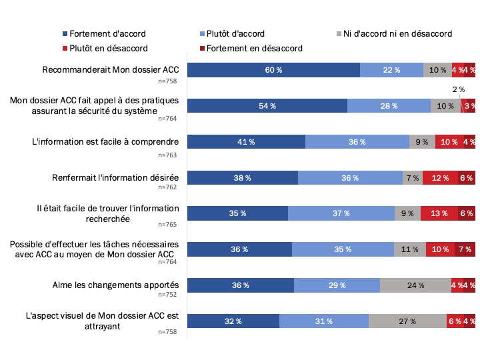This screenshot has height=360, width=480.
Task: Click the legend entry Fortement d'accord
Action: [x=107, y=33]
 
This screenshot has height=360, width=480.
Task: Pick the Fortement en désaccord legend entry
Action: [x=254, y=48]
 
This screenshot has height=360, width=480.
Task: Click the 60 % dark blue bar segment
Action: [x=273, y=70]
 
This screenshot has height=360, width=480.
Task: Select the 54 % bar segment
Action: [x=267, y=106]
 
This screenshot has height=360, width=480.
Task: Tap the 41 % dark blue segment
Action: [x=246, y=142]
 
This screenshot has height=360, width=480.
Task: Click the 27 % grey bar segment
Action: [x=407, y=321]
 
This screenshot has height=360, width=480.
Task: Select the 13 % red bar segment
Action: [x=439, y=213]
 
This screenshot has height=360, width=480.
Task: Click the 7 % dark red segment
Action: [x=465, y=249]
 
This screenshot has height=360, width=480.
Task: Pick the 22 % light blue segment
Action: [x=391, y=70]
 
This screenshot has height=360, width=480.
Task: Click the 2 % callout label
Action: [x=455, y=89]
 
